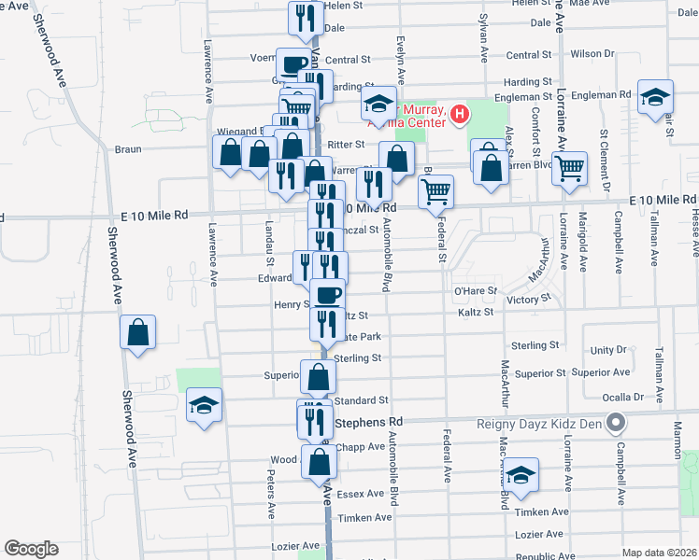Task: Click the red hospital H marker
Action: coord(459,116)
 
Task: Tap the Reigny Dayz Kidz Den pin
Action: coord(615,425)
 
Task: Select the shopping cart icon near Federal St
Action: coord(436,192)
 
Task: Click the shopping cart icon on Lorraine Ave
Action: coord(568,169)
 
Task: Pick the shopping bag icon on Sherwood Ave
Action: coord(137,332)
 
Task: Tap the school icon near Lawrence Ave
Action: coord(205,405)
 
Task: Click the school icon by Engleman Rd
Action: coord(655,96)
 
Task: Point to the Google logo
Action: coord(31,549)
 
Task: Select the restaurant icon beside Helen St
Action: coord(306,18)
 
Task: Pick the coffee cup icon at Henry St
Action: coord(327,295)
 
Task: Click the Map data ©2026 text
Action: coord(659,553)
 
